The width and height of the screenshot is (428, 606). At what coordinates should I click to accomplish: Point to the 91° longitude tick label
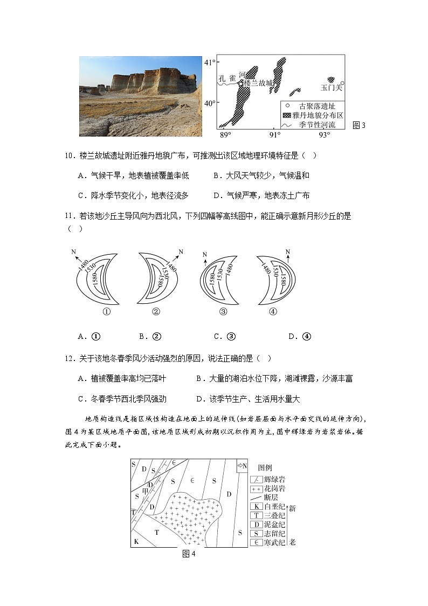tap(275, 134)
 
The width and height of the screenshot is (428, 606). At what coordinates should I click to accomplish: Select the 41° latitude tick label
tap(210, 63)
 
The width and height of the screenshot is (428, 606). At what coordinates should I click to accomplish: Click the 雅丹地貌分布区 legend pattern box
tap(287, 115)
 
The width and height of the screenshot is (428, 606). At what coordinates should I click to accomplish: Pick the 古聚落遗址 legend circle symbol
tap(287, 106)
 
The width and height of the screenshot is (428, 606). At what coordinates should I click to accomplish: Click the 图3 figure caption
tap(358, 125)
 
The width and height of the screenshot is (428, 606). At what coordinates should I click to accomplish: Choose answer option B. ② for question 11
tap(150, 337)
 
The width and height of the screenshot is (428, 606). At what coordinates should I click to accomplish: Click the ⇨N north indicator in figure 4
tap(241, 466)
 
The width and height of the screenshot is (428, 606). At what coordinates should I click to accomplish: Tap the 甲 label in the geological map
tap(144, 490)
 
